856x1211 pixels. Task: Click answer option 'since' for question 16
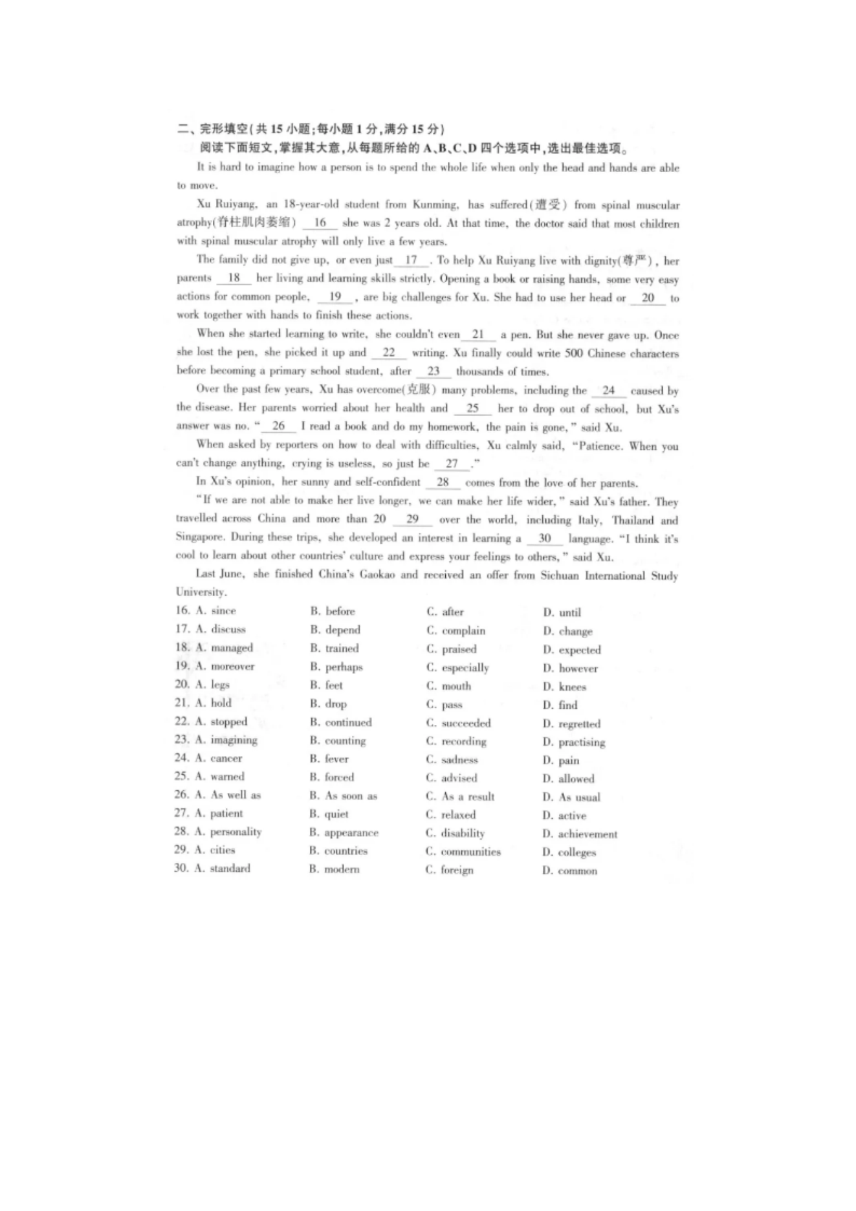pyautogui.click(x=223, y=610)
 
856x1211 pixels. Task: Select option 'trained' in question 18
pyautogui.click(x=342, y=648)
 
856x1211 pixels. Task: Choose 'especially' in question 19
pyautogui.click(x=465, y=667)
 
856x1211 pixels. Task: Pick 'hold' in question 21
pyautogui.click(x=221, y=703)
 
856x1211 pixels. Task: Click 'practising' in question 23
pyautogui.click(x=582, y=742)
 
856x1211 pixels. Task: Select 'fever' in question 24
pyautogui.click(x=336, y=759)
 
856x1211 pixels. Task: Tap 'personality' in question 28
pyautogui.click(x=236, y=832)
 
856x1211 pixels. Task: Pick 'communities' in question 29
pyautogui.click(x=470, y=852)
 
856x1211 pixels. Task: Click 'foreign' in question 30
pyautogui.click(x=457, y=870)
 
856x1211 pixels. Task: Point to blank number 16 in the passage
pyautogui.click(x=320, y=223)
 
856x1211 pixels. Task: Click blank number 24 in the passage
pyautogui.click(x=608, y=390)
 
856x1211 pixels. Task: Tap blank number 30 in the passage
pyautogui.click(x=544, y=539)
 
